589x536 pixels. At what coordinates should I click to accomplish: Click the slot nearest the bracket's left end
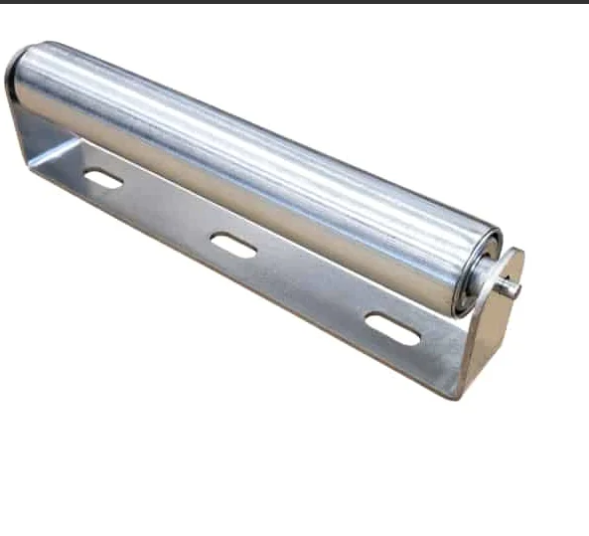pyautogui.click(x=102, y=179)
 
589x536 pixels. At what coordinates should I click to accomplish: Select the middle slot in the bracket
pyautogui.click(x=233, y=246)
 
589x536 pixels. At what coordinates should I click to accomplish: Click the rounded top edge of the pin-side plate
pyautogui.click(x=513, y=255)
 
